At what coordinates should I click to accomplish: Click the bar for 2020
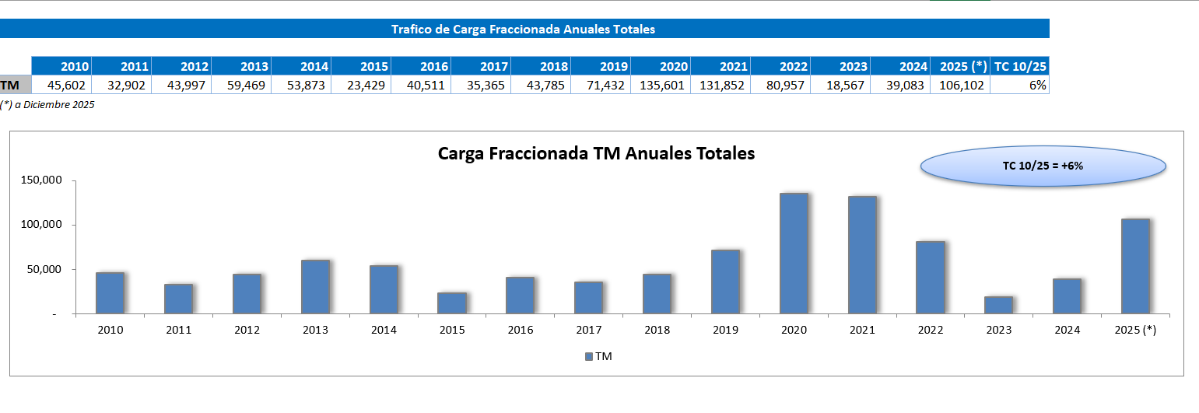794,254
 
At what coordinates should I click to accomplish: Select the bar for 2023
998,305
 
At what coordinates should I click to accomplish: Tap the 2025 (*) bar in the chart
1135,266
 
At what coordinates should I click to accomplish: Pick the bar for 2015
452,303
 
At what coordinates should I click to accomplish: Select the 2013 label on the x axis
315,330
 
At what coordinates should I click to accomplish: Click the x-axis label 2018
657,330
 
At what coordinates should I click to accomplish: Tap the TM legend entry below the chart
598,356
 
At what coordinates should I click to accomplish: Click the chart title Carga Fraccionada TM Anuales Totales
596,153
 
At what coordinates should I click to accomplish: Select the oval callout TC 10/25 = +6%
1043,166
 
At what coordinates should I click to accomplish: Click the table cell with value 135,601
661,85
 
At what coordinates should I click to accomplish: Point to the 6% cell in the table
1020,85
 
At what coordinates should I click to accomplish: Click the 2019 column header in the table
601,66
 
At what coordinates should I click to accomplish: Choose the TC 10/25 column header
1020,66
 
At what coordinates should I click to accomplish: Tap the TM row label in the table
11,85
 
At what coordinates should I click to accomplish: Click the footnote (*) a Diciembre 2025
47,104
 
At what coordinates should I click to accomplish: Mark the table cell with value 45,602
62,85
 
